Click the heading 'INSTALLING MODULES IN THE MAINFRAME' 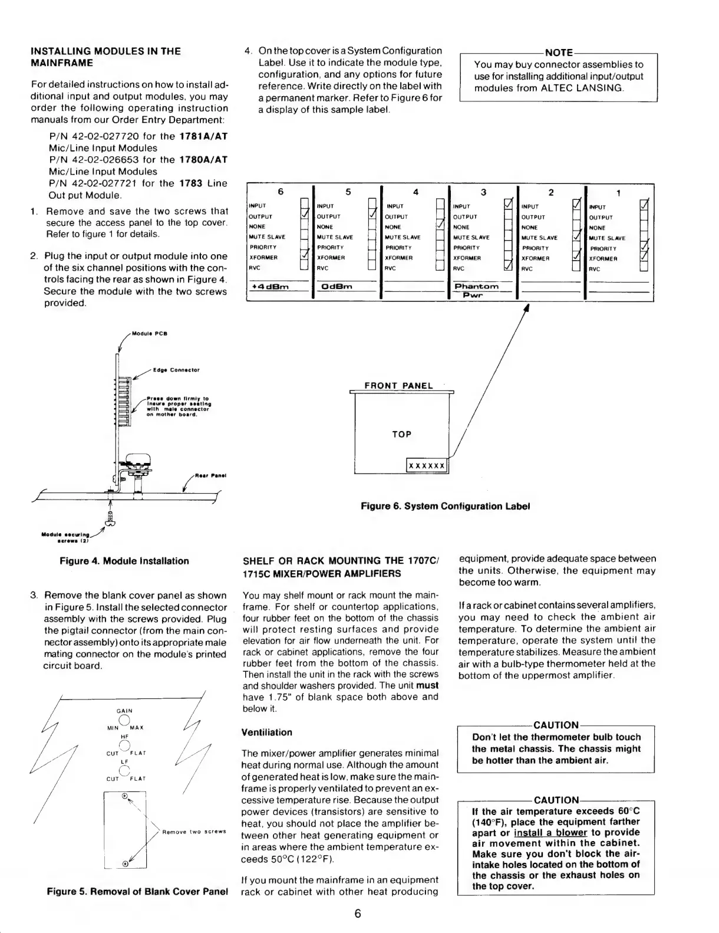pos(105,57)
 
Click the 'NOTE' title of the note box pos(558,53)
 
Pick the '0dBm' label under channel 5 pos(335,287)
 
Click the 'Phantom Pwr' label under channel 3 pos(476,290)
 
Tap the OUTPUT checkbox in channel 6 pos(305,216)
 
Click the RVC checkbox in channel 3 pos(508,268)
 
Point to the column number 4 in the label pos(415,192)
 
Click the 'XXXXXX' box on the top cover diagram pos(427,466)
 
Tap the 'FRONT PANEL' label pos(398,386)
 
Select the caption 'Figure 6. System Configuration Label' pos(445,506)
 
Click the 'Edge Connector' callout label pos(176,370)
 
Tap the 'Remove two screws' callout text pos(194,832)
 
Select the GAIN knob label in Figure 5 pos(124,711)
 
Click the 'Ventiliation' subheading pos(266,732)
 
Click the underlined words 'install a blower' pos(550,833)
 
